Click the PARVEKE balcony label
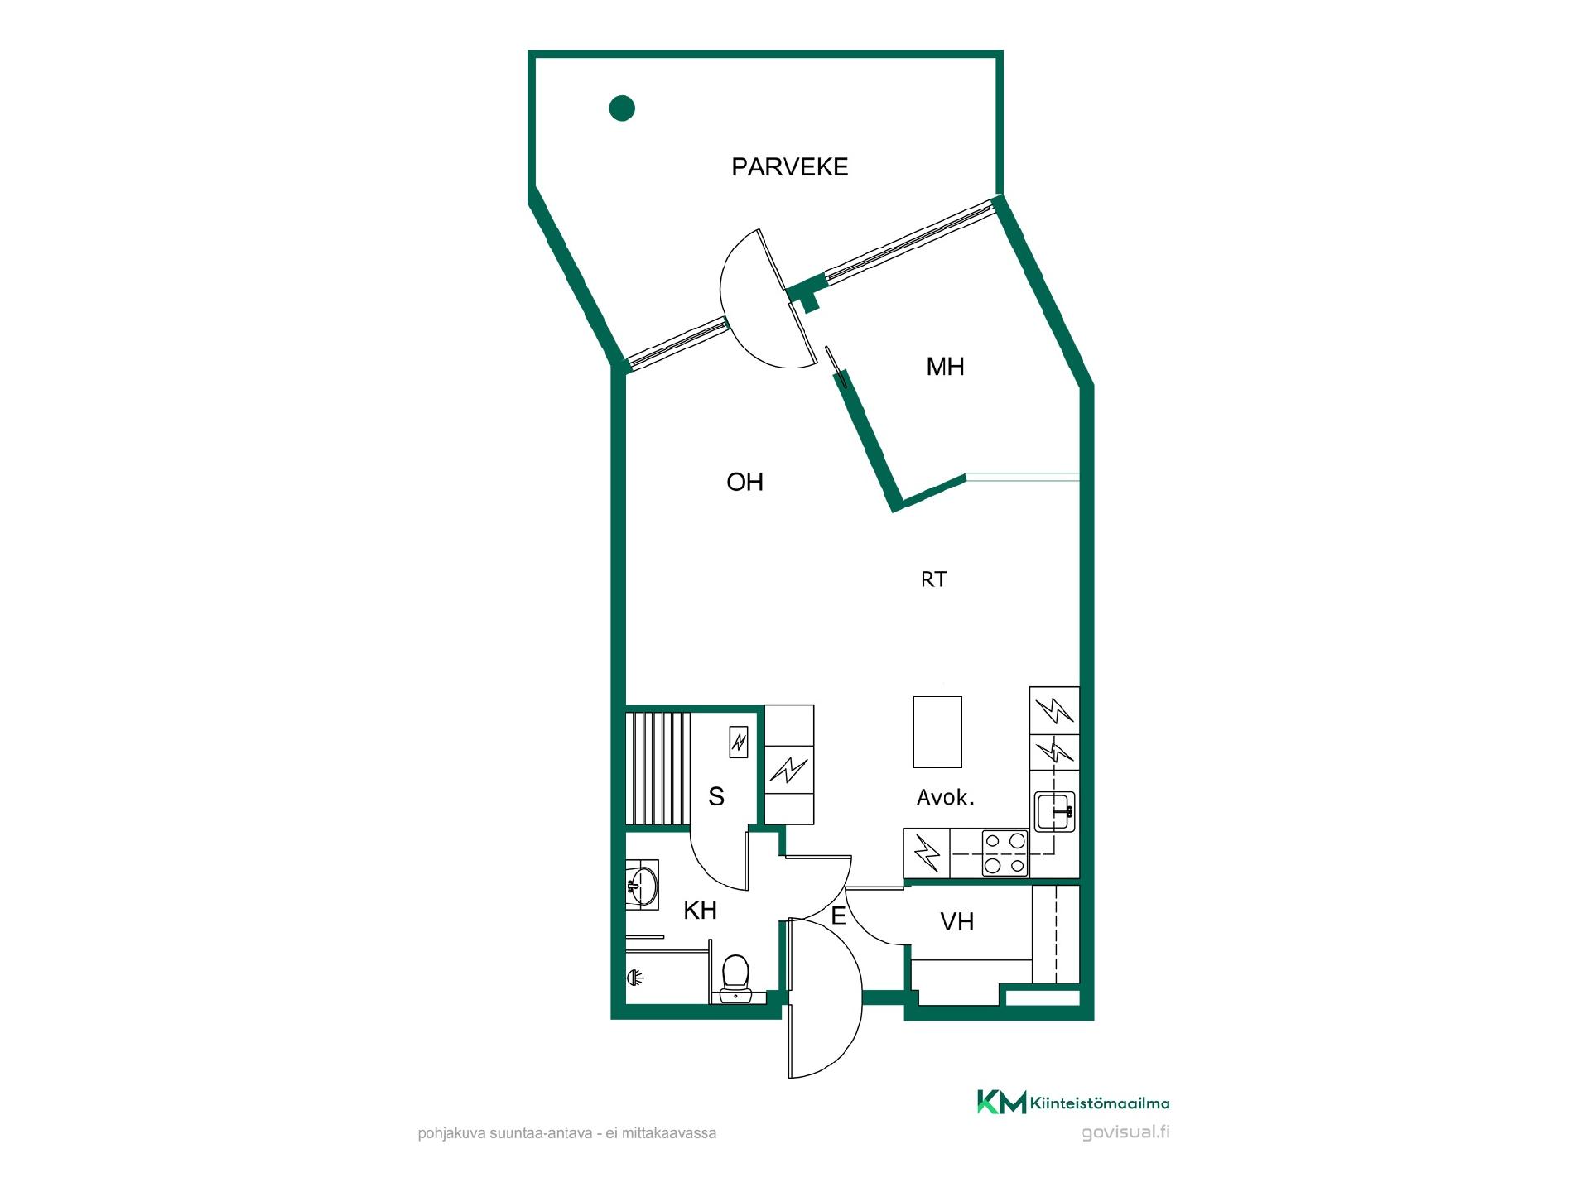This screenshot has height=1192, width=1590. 789,167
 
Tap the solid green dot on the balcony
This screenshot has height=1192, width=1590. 622,108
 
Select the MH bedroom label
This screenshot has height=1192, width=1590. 945,367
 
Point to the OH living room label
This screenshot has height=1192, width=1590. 744,482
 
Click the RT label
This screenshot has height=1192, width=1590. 933,579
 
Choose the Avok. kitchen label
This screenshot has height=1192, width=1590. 945,797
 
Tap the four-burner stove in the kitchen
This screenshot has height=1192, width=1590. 1005,853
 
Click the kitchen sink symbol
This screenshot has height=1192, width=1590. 1054,811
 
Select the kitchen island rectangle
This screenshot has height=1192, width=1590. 937,732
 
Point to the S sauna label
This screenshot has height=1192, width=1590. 716,796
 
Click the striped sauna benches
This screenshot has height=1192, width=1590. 658,768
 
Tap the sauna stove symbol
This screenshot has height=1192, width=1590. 739,742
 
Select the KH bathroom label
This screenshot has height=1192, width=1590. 700,911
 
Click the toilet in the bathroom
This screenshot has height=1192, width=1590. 735,978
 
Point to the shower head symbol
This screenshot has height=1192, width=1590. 635,978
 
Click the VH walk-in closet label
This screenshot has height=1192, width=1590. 956,921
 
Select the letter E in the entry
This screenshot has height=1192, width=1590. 838,916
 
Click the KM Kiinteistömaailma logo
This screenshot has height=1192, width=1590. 1073,1102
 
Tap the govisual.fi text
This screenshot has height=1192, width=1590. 1125,1132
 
